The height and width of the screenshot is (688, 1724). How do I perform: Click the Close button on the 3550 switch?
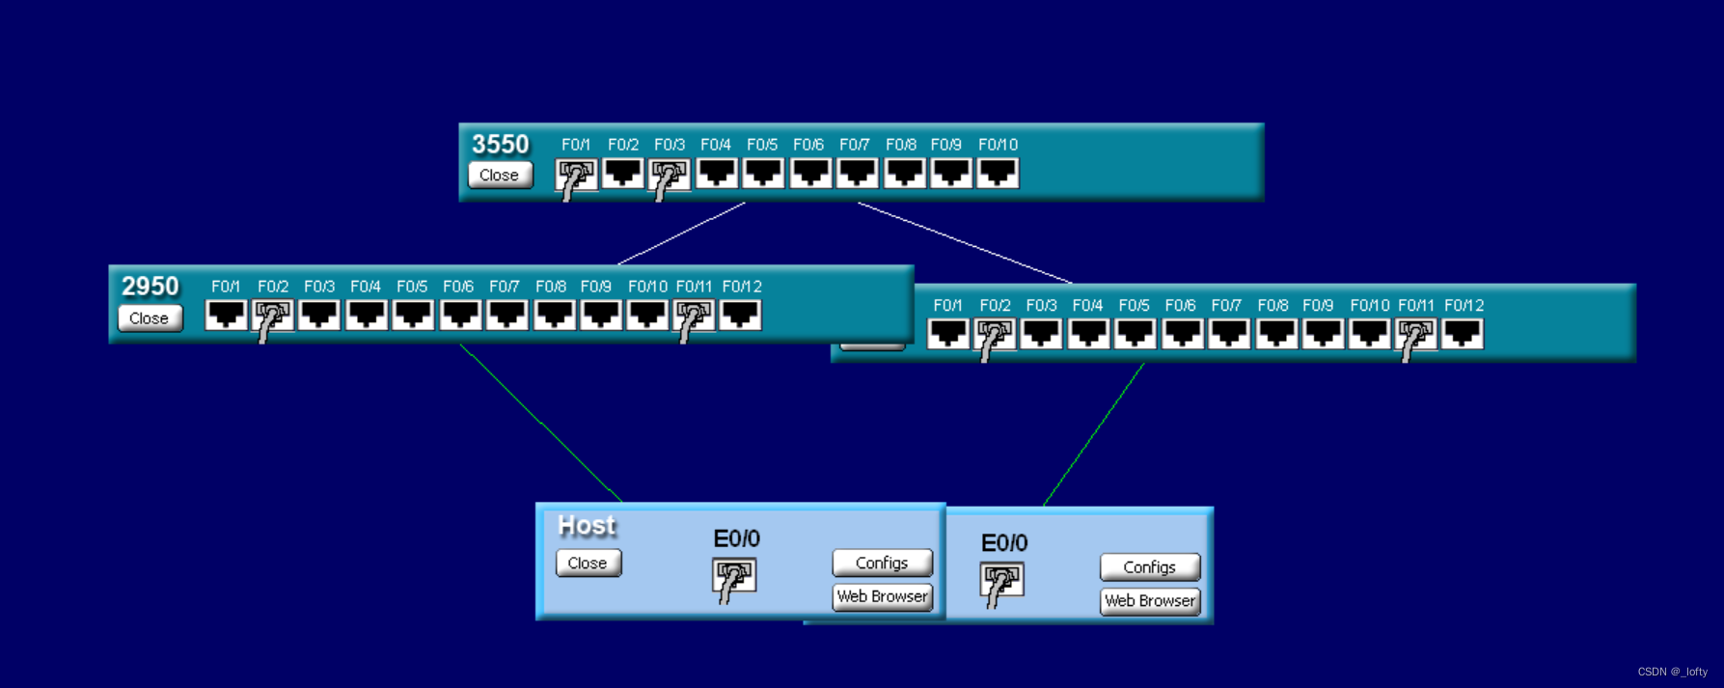pyautogui.click(x=500, y=175)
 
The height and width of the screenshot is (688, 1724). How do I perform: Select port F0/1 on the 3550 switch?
pyautogui.click(x=577, y=175)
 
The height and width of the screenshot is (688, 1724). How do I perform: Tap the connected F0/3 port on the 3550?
pyautogui.click(x=670, y=175)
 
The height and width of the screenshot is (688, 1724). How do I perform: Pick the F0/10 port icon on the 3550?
pyautogui.click(x=998, y=174)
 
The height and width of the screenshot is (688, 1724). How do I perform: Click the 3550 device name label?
pyautogui.click(x=501, y=144)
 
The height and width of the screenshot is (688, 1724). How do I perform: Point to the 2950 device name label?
pyautogui.click(x=151, y=286)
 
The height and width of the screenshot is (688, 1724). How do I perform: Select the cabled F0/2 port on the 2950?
pyautogui.click(x=273, y=316)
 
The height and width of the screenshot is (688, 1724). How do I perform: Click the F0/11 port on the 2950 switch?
pyautogui.click(x=694, y=316)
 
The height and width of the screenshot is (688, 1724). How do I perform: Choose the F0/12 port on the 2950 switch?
pyautogui.click(x=740, y=316)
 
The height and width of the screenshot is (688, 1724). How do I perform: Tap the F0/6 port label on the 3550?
pyautogui.click(x=808, y=145)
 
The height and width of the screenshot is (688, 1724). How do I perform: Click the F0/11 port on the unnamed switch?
pyautogui.click(x=1415, y=335)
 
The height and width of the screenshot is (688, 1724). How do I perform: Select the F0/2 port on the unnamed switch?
pyautogui.click(x=995, y=335)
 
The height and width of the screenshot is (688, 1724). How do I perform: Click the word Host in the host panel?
pyautogui.click(x=587, y=526)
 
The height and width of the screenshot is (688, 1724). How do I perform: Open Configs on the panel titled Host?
pyautogui.click(x=882, y=563)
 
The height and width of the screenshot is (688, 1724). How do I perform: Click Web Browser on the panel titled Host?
pyautogui.click(x=882, y=596)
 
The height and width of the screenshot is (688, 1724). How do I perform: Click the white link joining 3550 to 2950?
pyautogui.click(x=681, y=234)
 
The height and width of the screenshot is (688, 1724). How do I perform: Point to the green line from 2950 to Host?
pyautogui.click(x=541, y=424)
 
